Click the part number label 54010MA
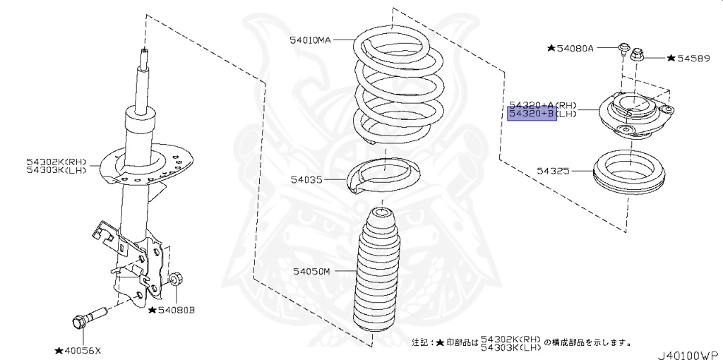[310, 40]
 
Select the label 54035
[306, 180]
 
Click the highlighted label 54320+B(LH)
[532, 114]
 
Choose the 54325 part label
[553, 171]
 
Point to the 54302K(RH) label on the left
[56, 162]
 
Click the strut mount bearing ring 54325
[627, 175]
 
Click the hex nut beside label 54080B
[177, 280]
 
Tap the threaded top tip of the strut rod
[143, 54]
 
